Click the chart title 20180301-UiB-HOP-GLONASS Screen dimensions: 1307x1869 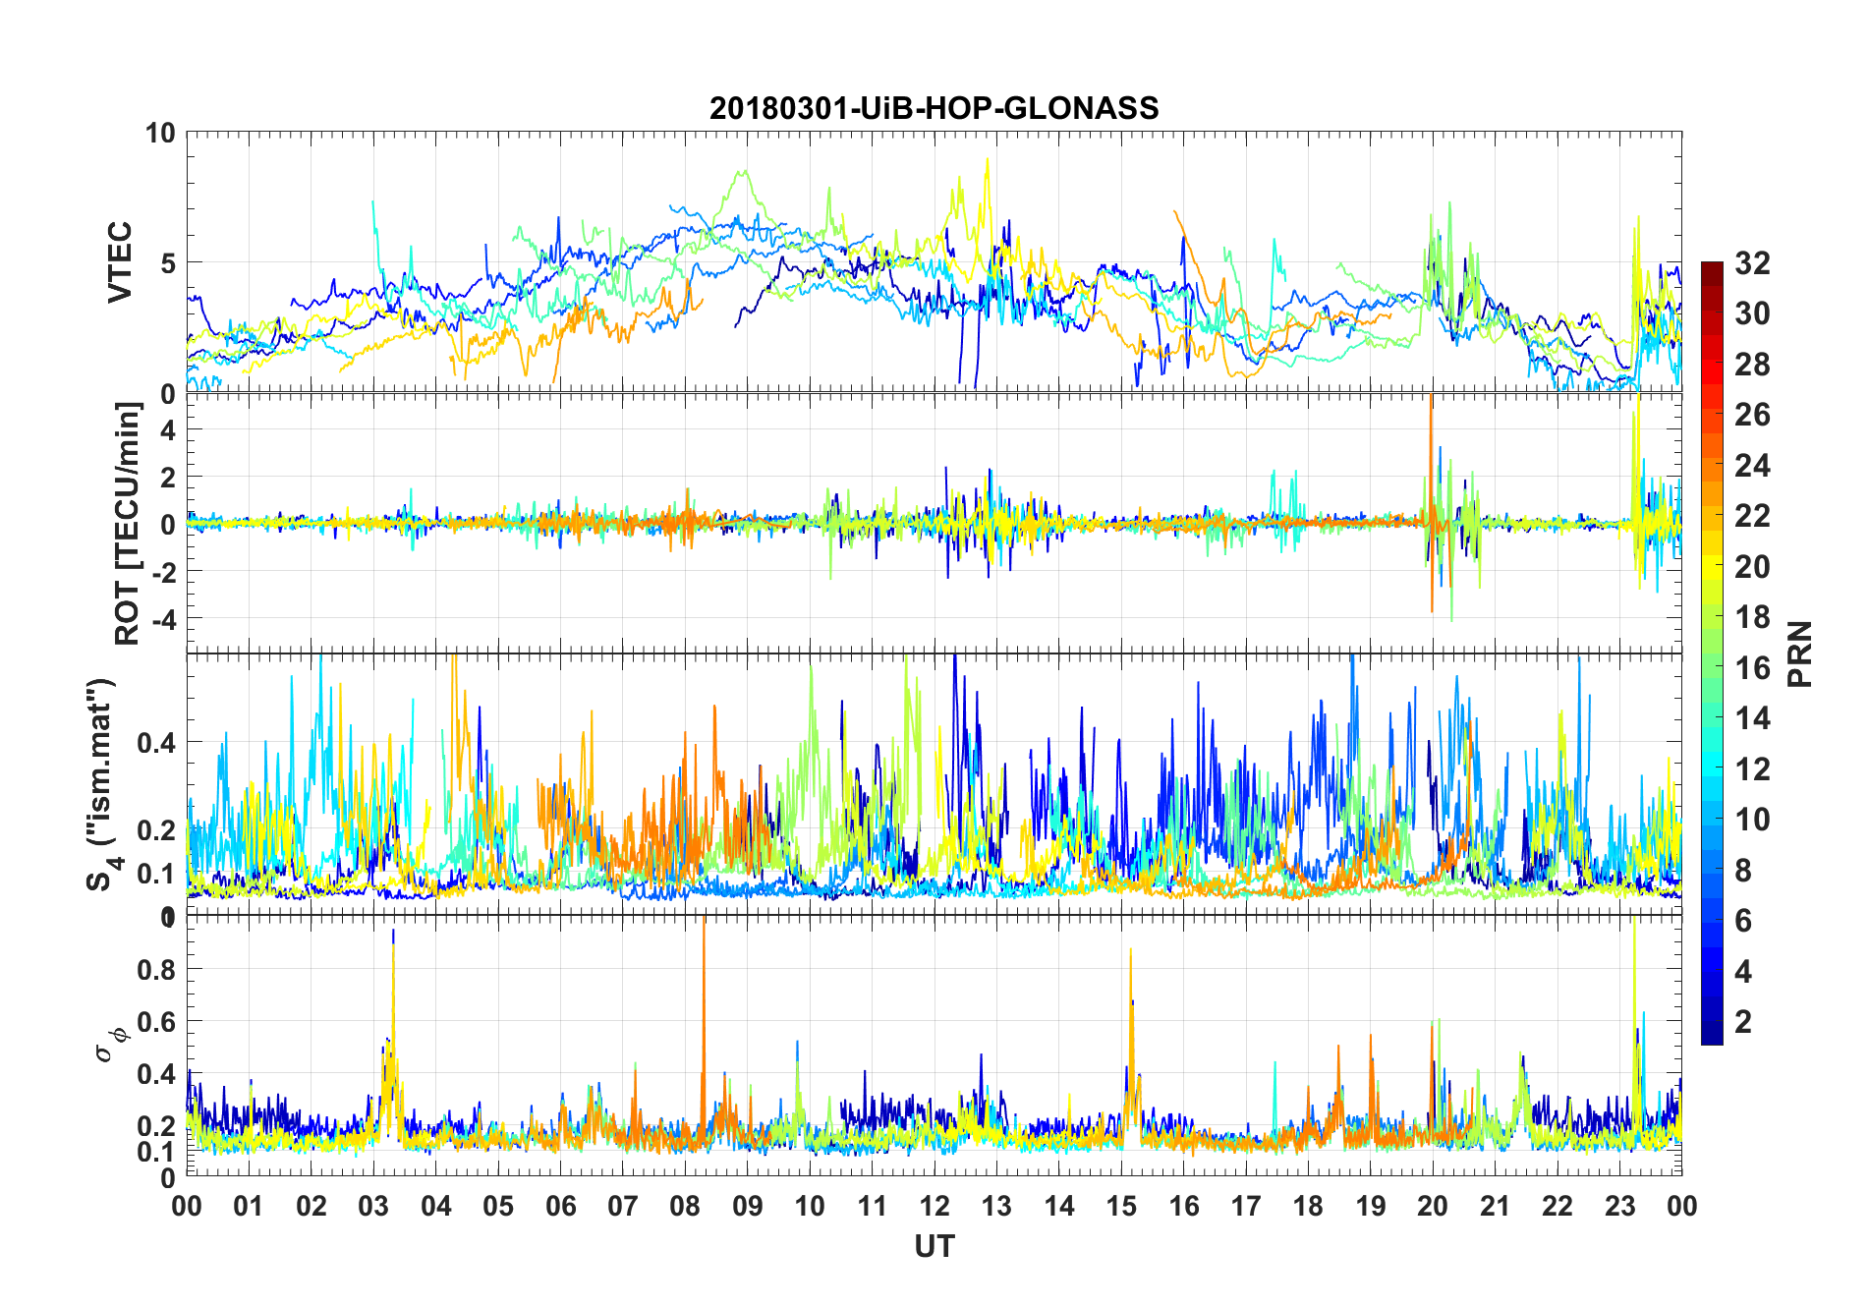click(934, 108)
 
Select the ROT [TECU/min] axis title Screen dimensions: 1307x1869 click(128, 523)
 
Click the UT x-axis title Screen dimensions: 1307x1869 click(934, 1246)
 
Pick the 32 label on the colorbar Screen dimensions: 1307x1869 click(1752, 263)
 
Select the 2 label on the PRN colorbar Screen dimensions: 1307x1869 click(1743, 1021)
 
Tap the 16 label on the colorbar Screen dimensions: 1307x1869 click(1752, 668)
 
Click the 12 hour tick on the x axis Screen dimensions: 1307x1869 click(934, 1206)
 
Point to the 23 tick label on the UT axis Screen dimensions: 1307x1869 click(1619, 1206)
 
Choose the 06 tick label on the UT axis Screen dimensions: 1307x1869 click(560, 1206)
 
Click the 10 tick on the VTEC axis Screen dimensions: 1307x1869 click(160, 133)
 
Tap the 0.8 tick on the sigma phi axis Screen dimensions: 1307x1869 click(158, 969)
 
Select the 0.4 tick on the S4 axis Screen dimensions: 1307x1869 click(158, 742)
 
